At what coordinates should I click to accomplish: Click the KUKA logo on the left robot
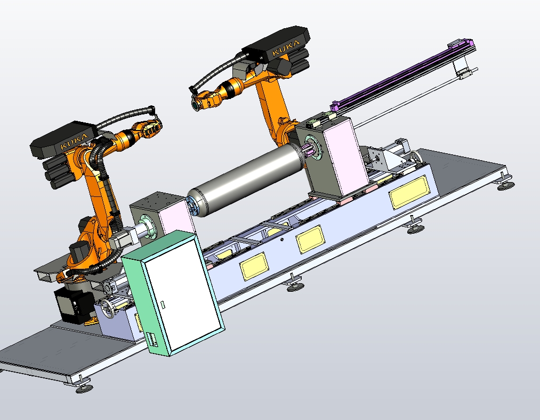74,141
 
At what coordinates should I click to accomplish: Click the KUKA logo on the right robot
286,48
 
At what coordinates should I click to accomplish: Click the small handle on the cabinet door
163,304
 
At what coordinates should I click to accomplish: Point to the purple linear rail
403,75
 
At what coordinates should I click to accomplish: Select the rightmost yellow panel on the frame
408,192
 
